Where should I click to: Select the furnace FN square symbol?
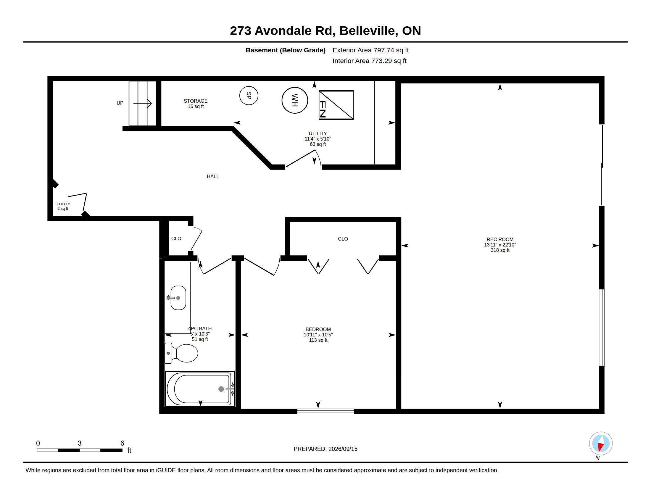click(x=336, y=105)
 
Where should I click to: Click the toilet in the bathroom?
click(x=181, y=353)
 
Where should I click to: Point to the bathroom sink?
click(x=178, y=298)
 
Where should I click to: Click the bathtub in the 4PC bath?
click(x=200, y=389)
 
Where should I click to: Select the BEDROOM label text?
click(x=318, y=329)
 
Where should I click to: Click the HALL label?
click(x=213, y=176)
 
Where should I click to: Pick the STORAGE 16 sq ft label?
click(x=196, y=104)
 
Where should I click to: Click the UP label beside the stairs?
click(x=120, y=103)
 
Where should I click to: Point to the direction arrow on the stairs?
click(x=143, y=103)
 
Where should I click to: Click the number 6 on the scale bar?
click(x=122, y=443)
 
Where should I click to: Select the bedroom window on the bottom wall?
click(x=325, y=412)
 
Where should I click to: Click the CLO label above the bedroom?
click(x=343, y=239)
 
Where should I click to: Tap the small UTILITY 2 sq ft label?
click(x=63, y=206)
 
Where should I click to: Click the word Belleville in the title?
click(x=369, y=31)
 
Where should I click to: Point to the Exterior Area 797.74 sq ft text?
click(x=370, y=50)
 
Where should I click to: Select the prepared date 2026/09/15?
click(x=343, y=449)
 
